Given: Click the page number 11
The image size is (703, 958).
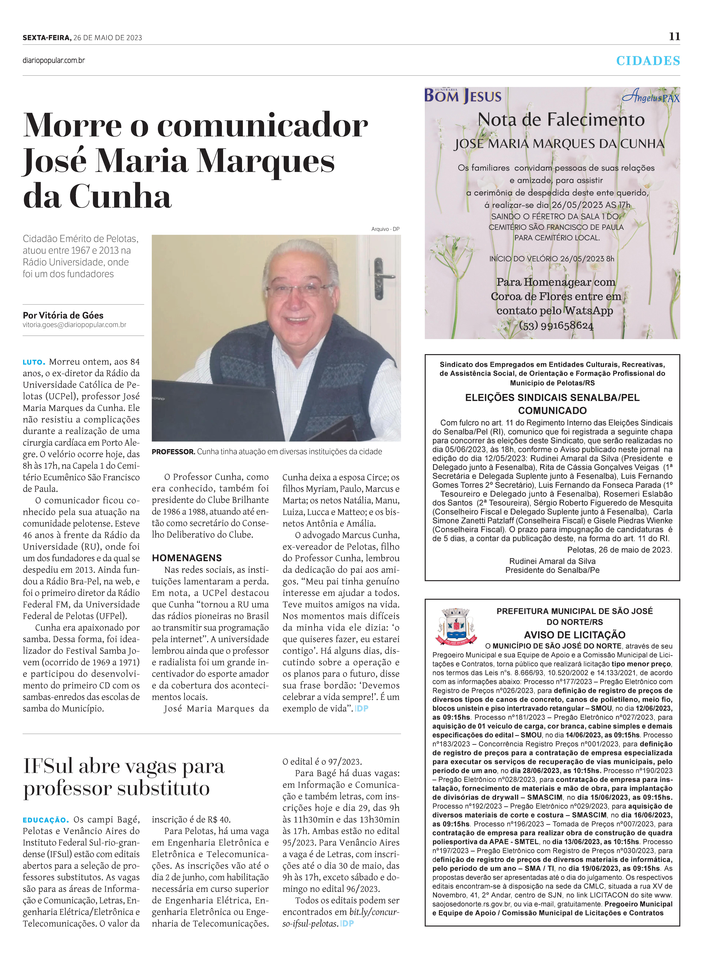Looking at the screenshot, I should [x=674, y=37].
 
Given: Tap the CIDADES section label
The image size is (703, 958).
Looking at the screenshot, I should [x=648, y=61].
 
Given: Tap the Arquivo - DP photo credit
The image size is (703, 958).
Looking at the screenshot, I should [x=385, y=229].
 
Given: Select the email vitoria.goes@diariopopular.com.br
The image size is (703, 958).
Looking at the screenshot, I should [x=74, y=325].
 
